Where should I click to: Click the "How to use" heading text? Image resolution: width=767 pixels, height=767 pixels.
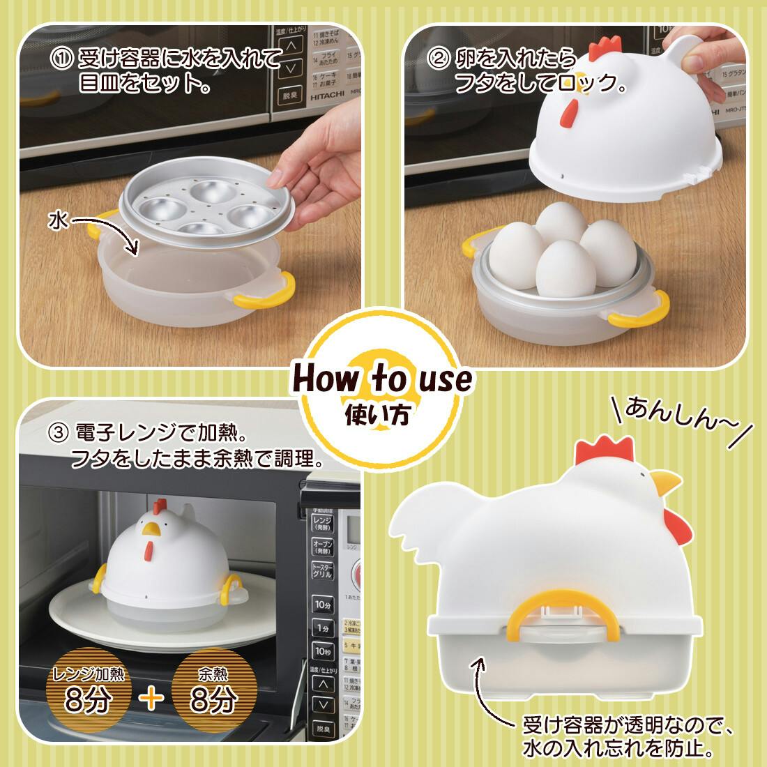coord(382,379)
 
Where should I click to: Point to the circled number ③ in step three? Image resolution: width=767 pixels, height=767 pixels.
coord(58,434)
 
